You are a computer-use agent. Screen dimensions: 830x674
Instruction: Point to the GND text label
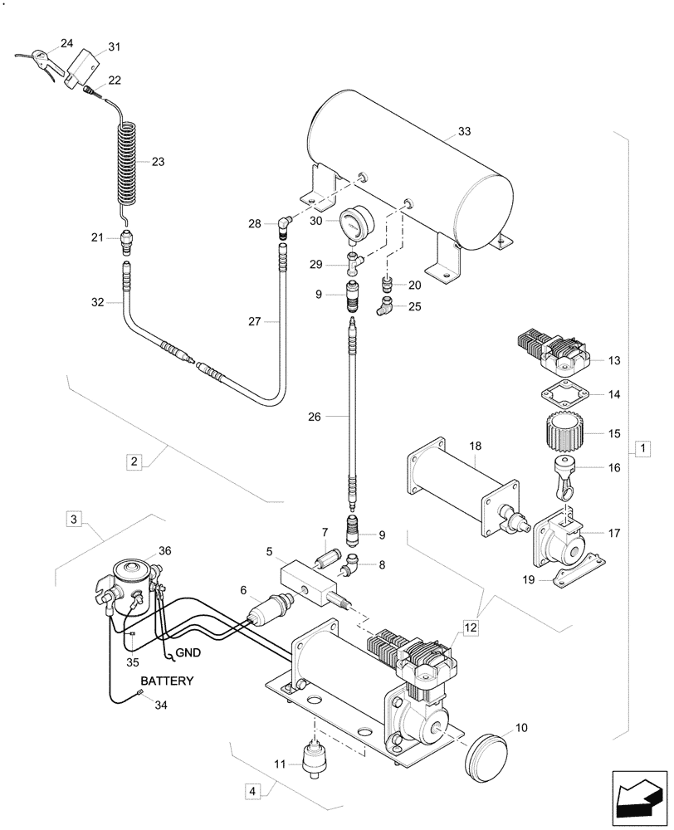tap(188, 653)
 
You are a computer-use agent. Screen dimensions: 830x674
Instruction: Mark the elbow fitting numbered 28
tap(284, 224)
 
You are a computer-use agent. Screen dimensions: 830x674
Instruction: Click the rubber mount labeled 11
tap(315, 759)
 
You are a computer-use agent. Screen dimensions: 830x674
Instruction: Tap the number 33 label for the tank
tap(464, 132)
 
